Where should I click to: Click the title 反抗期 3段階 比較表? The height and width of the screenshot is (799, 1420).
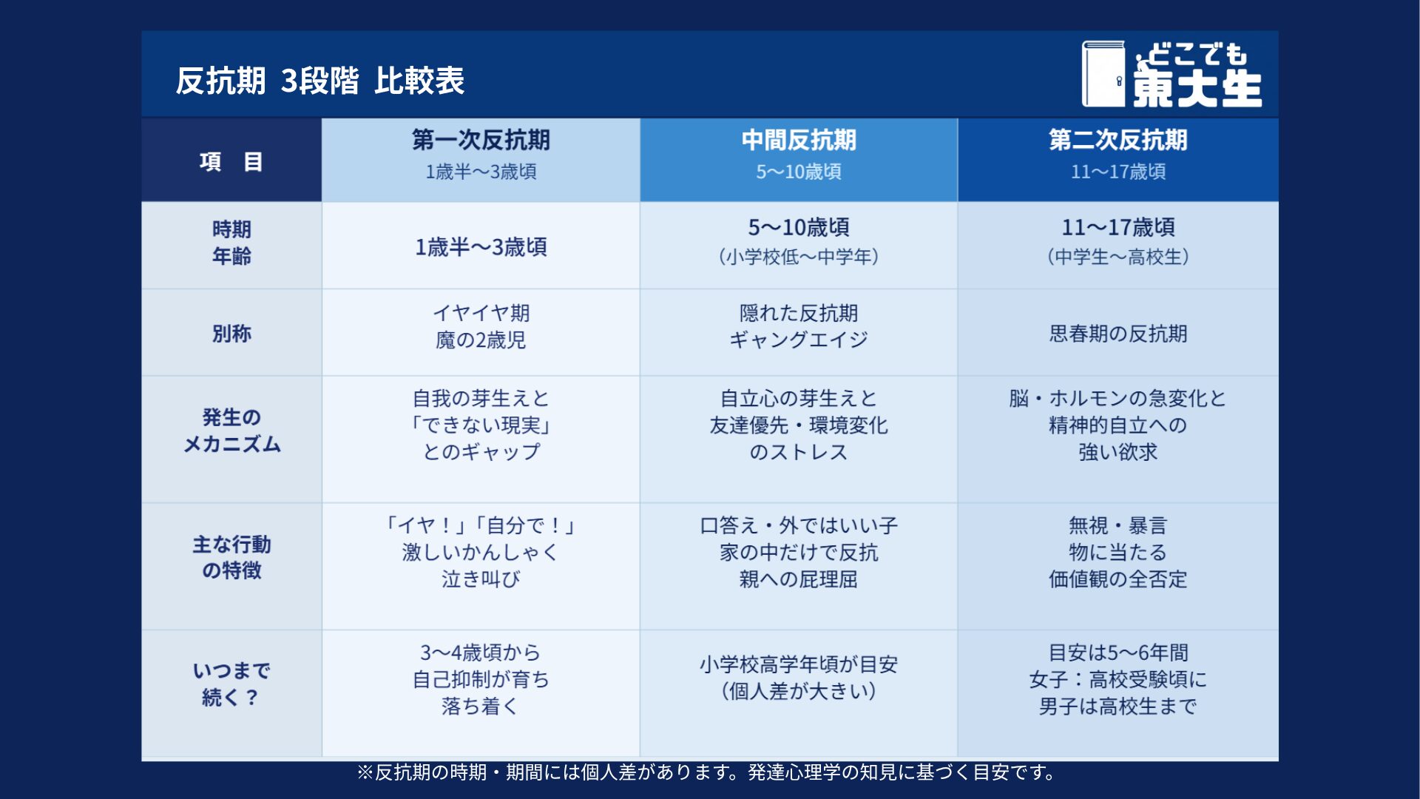[x=319, y=81]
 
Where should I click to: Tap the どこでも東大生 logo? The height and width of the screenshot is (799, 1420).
[x=1171, y=74]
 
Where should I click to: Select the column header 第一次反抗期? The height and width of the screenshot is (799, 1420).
[x=481, y=140]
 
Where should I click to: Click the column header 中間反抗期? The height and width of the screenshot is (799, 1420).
[x=799, y=140]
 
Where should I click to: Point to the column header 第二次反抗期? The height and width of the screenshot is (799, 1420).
[x=1118, y=140]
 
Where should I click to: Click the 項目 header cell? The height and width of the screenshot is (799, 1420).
[x=231, y=161]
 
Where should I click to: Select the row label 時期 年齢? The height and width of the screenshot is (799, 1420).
[x=231, y=243]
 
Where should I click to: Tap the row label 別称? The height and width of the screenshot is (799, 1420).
[x=231, y=334]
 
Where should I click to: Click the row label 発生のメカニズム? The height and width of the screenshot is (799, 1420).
[x=231, y=431]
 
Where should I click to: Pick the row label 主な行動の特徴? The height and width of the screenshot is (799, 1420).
[x=231, y=557]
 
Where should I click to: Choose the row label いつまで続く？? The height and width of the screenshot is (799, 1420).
[x=231, y=684]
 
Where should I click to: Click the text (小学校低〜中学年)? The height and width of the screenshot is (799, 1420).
[x=799, y=257]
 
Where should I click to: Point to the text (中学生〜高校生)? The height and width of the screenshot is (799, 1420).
[x=1118, y=257]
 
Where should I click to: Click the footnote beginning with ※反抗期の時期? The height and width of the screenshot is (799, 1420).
[x=706, y=772]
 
